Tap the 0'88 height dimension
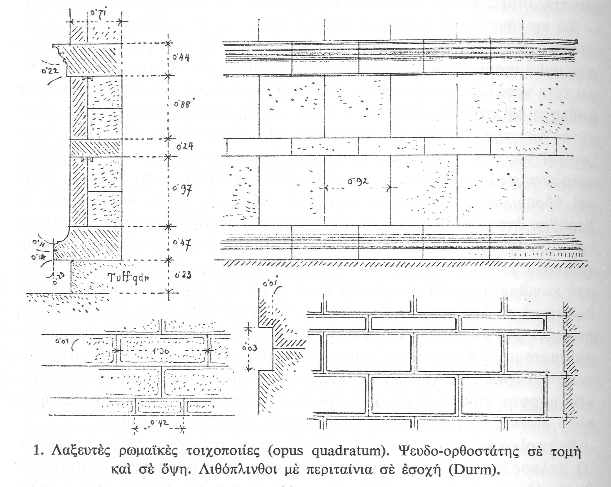181,104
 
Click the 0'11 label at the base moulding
40,243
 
